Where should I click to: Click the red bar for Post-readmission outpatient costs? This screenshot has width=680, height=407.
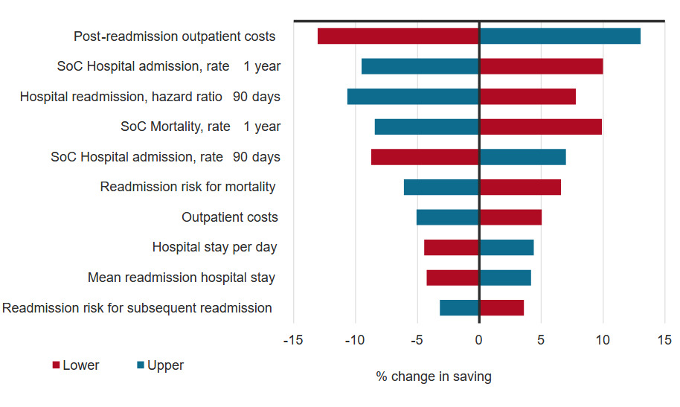point(398,36)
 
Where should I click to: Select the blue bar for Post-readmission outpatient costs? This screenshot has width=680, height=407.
point(559,36)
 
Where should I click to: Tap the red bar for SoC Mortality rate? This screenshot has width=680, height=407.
point(540,126)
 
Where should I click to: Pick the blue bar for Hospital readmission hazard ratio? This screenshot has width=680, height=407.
point(413,96)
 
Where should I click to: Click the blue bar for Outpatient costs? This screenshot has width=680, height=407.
point(447,217)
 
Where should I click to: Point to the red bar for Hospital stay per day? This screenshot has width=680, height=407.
point(451,247)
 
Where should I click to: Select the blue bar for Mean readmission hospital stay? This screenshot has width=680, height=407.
point(505,278)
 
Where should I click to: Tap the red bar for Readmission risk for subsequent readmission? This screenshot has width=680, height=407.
point(501,307)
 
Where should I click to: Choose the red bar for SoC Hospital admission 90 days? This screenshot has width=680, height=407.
point(425,157)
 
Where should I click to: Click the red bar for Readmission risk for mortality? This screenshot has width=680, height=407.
point(520,187)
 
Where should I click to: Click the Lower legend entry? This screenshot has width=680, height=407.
point(75,365)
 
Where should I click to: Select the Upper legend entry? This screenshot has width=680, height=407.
point(159,365)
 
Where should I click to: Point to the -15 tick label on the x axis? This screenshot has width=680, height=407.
point(293,340)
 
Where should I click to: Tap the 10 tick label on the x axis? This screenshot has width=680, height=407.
point(603,340)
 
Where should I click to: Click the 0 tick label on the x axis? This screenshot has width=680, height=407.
point(479,340)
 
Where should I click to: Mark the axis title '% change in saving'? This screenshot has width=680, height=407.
point(434,376)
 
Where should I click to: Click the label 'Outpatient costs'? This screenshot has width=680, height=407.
point(230,217)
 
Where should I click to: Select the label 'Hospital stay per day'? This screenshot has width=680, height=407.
point(215,247)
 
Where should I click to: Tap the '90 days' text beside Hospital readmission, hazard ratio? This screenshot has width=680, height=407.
point(257,96)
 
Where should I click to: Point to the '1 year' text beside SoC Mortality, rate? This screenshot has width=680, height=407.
point(262,126)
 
